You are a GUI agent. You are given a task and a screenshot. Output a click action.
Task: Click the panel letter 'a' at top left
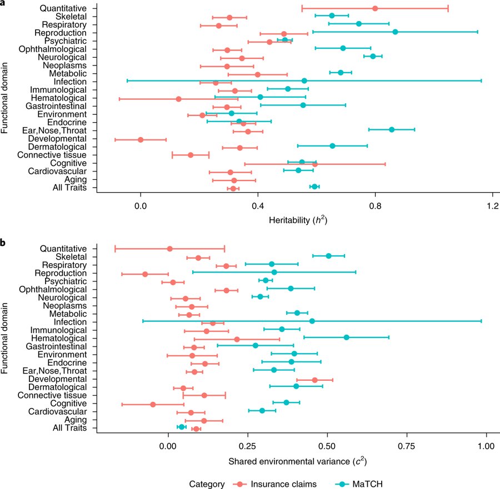point(3,3)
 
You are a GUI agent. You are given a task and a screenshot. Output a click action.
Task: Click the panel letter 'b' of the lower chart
point(3,243)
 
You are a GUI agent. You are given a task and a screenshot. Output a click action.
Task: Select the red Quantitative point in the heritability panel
point(375,8)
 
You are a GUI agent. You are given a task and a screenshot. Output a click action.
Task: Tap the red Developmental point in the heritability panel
point(141,139)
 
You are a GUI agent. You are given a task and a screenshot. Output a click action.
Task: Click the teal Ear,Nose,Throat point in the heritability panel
point(392,129)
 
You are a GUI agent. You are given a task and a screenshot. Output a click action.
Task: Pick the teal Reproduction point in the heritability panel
point(395,32)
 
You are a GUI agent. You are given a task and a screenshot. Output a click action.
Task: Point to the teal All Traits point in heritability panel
point(314,186)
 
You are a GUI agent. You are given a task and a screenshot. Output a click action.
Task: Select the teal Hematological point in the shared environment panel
point(346,337)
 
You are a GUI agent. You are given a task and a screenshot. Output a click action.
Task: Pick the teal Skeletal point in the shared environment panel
point(328,256)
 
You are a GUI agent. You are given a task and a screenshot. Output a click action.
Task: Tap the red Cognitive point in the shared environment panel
point(153,404)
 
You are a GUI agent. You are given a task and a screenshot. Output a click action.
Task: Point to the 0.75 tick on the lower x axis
point(407,447)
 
